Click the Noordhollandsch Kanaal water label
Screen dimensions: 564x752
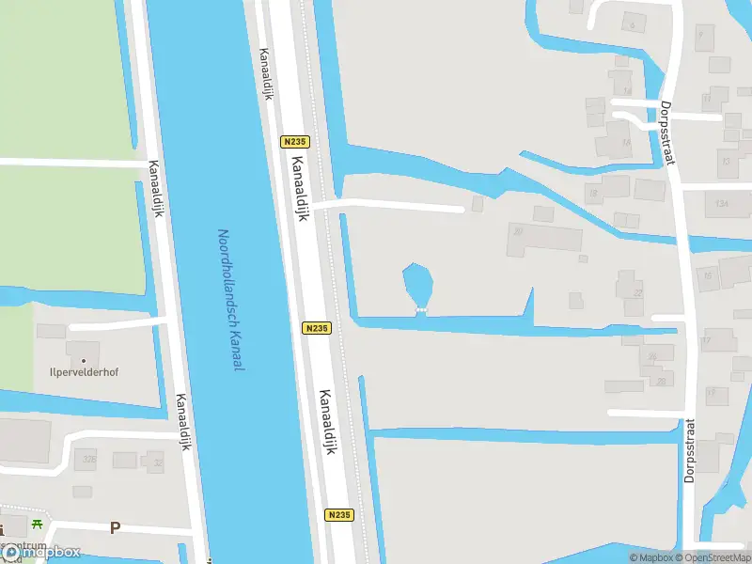pyautogui.click(x=230, y=300)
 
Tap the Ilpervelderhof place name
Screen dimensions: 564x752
pyautogui.click(x=84, y=372)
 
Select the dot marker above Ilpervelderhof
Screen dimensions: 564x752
pyautogui.click(x=84, y=359)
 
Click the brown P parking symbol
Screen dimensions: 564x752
pyautogui.click(x=115, y=528)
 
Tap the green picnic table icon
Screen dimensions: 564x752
pyautogui.click(x=37, y=525)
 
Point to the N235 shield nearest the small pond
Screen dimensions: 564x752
pyautogui.click(x=317, y=328)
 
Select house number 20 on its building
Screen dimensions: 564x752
pyautogui.click(x=517, y=230)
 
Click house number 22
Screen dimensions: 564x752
pyautogui.click(x=637, y=293)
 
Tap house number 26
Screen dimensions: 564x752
pyautogui.click(x=652, y=356)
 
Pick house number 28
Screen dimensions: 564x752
pyautogui.click(x=661, y=381)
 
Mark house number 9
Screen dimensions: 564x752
pyautogui.click(x=700, y=33)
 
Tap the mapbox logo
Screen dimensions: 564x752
pyautogui.click(x=42, y=553)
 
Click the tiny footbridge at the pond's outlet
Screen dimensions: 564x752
pyautogui.click(x=421, y=308)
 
